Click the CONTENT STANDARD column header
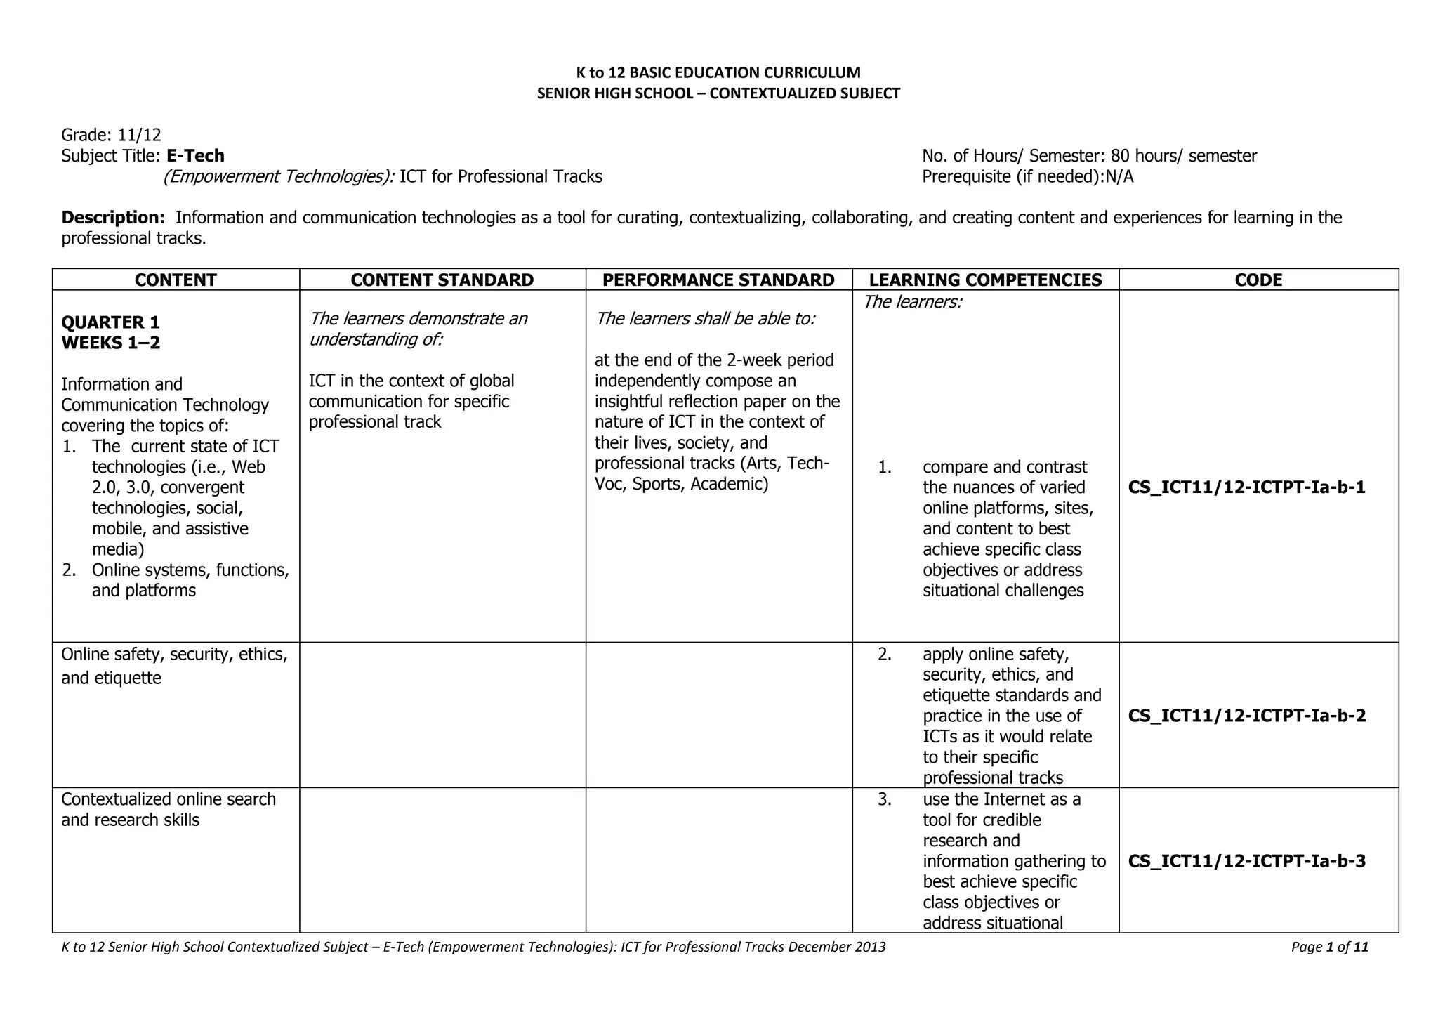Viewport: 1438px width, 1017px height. pyautogui.click(x=442, y=280)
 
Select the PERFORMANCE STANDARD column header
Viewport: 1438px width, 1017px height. pyautogui.click(x=718, y=280)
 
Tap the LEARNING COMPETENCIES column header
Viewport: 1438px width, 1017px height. pyautogui.click(x=985, y=280)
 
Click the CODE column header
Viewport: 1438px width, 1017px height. pyautogui.click(x=1258, y=280)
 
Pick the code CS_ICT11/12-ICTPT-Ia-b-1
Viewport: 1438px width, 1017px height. pyautogui.click(x=1246, y=487)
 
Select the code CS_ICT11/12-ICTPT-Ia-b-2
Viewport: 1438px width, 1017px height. pyautogui.click(x=1246, y=716)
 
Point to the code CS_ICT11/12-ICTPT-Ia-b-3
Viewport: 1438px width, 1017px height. pyautogui.click(x=1246, y=861)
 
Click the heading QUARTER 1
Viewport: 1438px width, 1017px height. pyautogui.click(x=110, y=322)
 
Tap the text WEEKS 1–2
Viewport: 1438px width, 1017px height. pyautogui.click(x=110, y=343)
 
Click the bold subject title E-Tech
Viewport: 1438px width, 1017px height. pyautogui.click(x=195, y=156)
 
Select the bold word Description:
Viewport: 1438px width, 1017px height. pyautogui.click(x=113, y=218)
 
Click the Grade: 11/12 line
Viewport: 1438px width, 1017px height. pyautogui.click(x=111, y=135)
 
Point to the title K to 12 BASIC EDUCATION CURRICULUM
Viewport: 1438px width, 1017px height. pyautogui.click(x=718, y=72)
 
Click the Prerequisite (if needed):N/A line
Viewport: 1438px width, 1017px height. pyautogui.click(x=1027, y=176)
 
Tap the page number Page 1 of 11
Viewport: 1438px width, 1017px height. pyautogui.click(x=1329, y=947)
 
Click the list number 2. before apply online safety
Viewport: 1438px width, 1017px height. pyautogui.click(x=885, y=655)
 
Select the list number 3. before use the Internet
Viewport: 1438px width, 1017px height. pyautogui.click(x=885, y=799)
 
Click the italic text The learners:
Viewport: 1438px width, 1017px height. pyautogui.click(x=912, y=302)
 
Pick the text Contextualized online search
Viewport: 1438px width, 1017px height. pyautogui.click(x=169, y=799)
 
